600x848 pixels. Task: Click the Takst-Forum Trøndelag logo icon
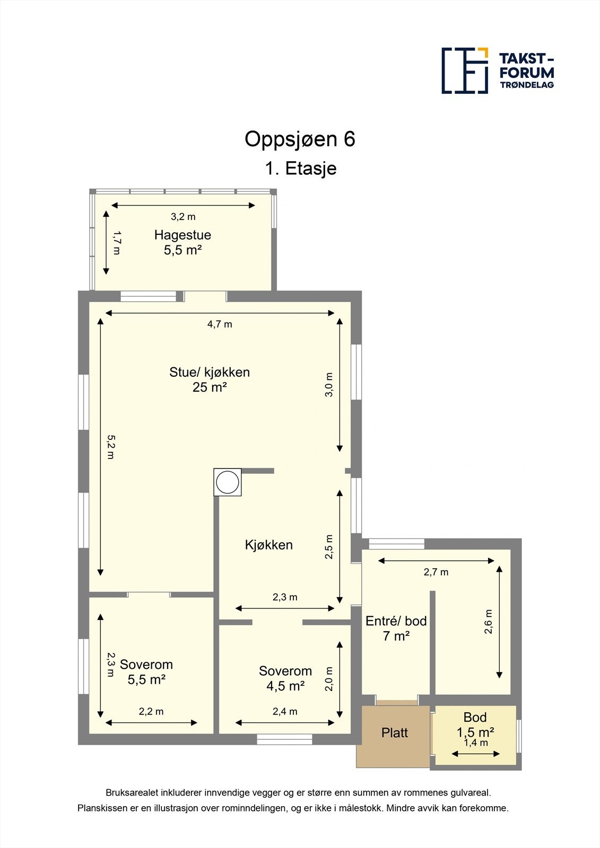465,71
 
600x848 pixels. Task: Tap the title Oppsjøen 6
300,139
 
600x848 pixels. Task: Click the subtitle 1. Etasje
301,169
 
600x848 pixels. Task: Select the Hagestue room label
182,235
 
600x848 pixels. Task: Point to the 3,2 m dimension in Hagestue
183,217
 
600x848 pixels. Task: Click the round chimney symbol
228,482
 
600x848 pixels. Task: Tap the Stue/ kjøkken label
210,372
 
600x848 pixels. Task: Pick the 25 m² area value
210,387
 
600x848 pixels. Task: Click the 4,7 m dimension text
220,324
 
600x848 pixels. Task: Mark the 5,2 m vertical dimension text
111,447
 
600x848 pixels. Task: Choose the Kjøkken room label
269,545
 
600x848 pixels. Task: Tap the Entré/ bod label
396,621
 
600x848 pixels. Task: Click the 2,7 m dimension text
436,572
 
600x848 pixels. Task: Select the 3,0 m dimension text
329,385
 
